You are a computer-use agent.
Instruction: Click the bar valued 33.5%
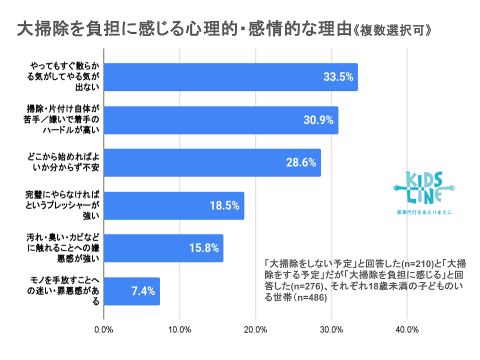230,77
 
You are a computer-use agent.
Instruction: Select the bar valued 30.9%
221,120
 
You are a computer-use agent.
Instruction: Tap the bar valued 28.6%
212,162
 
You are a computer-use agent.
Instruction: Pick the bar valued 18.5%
174,205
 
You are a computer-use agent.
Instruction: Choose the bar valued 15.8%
163,248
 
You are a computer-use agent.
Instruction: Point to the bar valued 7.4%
132,291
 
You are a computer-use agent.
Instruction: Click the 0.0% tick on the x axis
104,329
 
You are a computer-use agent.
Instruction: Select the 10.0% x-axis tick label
179,329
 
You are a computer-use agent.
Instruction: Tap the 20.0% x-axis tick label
255,329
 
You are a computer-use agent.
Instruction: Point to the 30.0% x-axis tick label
331,329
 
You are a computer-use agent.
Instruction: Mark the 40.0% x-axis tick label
407,329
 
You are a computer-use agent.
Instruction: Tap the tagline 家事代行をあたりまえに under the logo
424,212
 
